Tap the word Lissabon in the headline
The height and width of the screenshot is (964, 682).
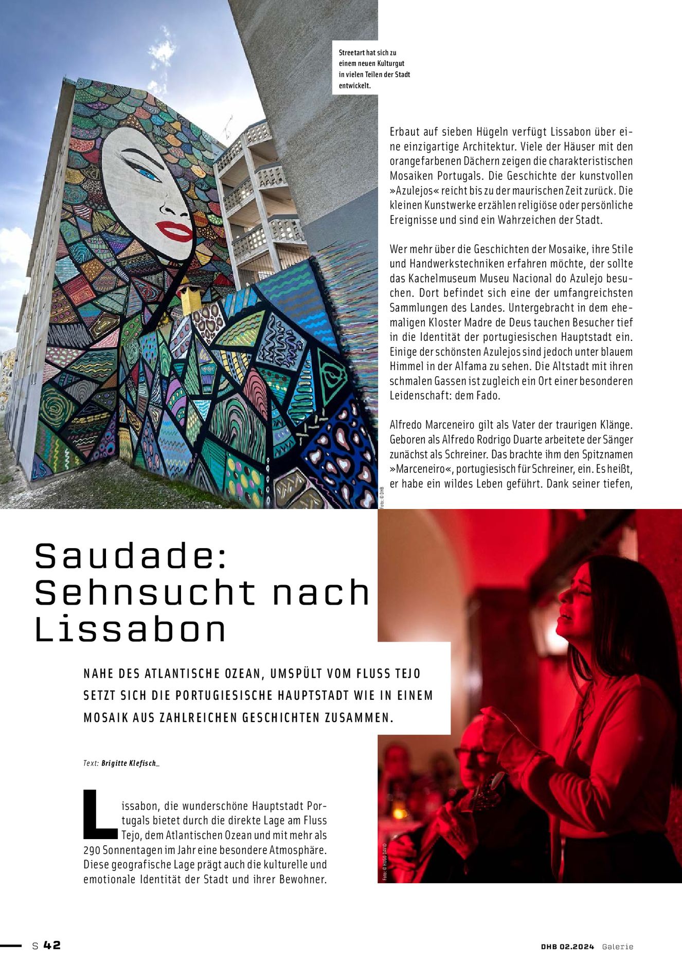coord(131,630)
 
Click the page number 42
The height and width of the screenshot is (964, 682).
coord(52,945)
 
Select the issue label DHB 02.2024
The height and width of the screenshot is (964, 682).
coord(567,947)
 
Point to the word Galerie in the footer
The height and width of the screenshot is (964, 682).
coord(618,947)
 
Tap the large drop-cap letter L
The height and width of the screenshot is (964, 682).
coord(99,813)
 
